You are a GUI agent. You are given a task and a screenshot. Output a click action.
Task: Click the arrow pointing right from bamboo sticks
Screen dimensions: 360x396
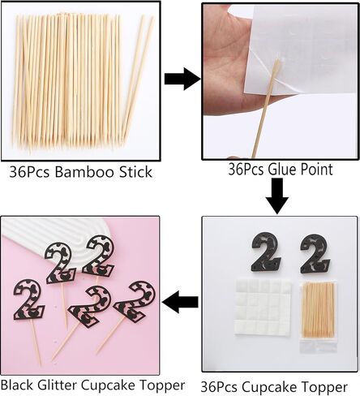(182, 79)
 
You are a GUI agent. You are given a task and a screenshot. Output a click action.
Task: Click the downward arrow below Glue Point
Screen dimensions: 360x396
(277, 196)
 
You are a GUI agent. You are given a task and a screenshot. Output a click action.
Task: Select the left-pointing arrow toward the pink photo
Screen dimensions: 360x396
(180, 302)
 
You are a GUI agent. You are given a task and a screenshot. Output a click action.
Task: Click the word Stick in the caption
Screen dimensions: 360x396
(135, 172)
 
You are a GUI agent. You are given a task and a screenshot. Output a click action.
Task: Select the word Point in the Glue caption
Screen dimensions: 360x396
(315, 170)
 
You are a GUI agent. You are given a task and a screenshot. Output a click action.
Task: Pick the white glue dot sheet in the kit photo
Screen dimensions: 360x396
(263, 308)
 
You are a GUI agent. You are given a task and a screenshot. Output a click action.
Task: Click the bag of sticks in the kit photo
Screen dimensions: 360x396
(319, 316)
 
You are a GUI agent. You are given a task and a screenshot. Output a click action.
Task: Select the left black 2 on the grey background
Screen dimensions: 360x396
(266, 252)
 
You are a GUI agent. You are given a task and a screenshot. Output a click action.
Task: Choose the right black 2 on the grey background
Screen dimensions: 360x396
(315, 254)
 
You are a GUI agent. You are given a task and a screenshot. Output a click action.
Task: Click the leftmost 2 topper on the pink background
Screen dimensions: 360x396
(29, 299)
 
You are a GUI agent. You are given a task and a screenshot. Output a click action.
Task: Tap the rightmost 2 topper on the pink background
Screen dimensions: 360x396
(135, 302)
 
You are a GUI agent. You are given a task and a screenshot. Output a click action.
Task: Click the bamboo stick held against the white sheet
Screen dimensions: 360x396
(265, 108)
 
